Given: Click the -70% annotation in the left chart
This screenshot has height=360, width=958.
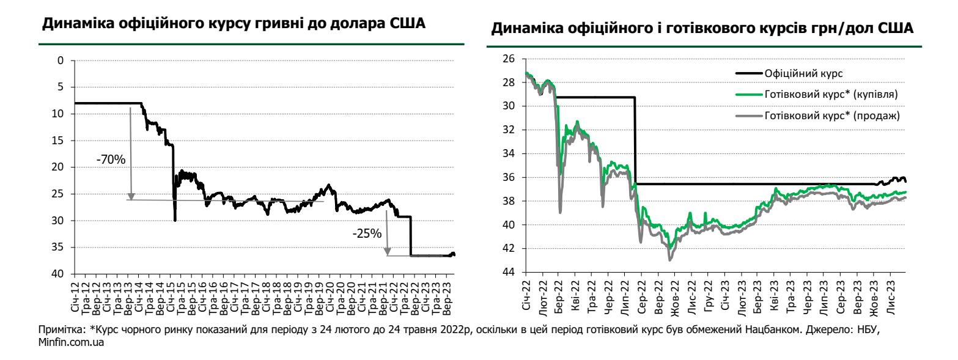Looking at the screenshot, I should coord(111,160).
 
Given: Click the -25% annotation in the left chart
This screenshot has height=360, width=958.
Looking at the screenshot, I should coord(367,233).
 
